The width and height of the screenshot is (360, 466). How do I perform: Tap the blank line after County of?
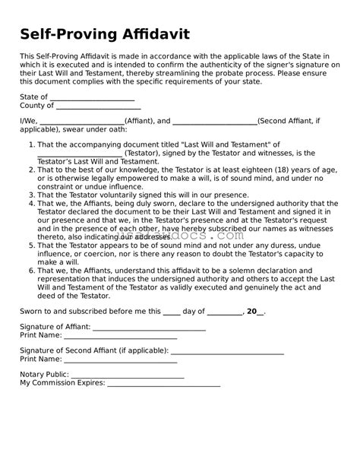coord(99,106)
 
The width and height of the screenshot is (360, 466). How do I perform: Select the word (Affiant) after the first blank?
coord(137,120)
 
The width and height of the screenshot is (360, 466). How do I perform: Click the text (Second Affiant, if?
coord(289,120)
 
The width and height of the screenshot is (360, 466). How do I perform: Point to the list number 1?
coord(31,144)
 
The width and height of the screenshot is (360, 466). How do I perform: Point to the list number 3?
coord(31,195)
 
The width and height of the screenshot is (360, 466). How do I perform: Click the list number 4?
coord(31,203)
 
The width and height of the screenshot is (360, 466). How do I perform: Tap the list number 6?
coord(31,270)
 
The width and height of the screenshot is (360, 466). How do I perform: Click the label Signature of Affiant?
coord(55,327)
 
